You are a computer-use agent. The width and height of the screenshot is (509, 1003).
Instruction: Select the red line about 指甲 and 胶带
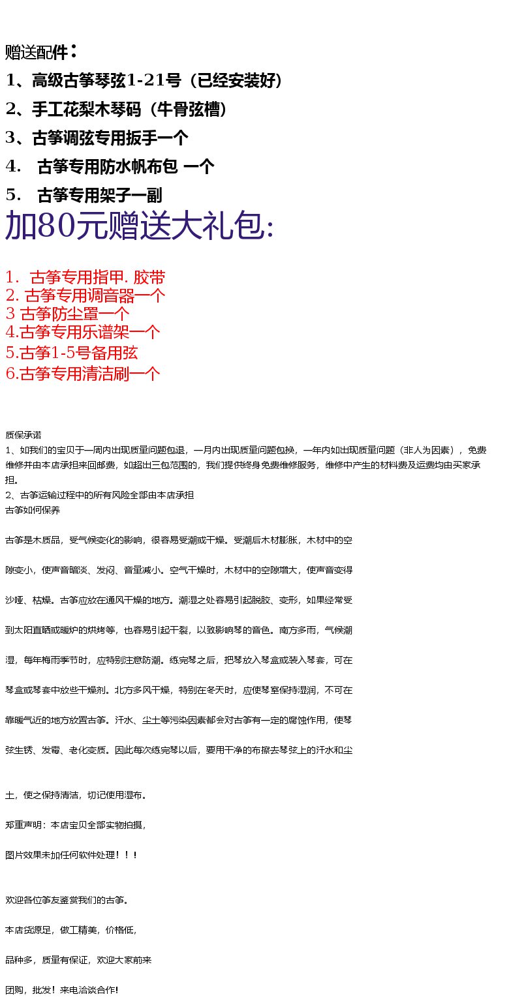(85, 278)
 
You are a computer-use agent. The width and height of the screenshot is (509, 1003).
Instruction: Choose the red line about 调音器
(85, 296)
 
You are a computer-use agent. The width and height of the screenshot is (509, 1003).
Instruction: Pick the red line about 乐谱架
(82, 333)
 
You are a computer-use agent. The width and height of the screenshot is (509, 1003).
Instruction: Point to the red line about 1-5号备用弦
(71, 353)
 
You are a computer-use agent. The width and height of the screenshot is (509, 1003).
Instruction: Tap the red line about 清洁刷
(82, 374)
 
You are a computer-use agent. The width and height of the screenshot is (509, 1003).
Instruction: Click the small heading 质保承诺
(23, 435)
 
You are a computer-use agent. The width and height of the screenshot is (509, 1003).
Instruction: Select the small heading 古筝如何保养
(33, 511)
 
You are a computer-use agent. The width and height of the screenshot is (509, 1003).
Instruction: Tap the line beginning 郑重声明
(76, 826)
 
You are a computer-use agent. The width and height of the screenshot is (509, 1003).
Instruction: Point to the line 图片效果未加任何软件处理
(71, 855)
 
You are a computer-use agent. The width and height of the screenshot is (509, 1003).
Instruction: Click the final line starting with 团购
(61, 991)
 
